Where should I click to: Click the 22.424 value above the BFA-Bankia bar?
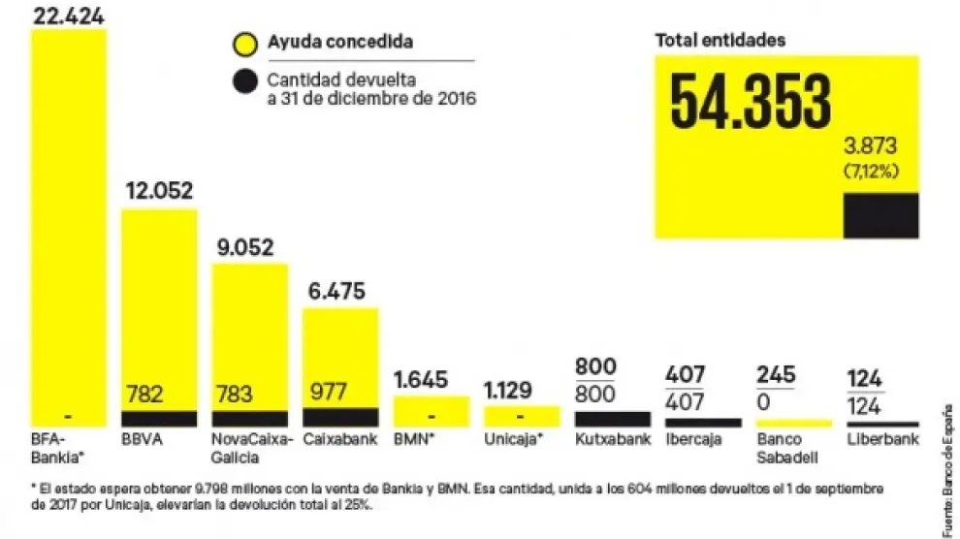pos(70,16)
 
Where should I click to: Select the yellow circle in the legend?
pos(244,43)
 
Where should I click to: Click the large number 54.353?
pos(751,102)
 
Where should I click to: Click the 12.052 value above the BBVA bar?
pos(159,191)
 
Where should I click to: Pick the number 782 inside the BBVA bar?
pos(144,395)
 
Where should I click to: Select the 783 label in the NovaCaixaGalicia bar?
pos(234,395)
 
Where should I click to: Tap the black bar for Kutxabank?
pos(612,419)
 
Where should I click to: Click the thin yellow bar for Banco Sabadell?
pos(793,423)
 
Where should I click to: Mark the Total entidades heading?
pos(720,41)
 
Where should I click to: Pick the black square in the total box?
pos(880,215)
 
